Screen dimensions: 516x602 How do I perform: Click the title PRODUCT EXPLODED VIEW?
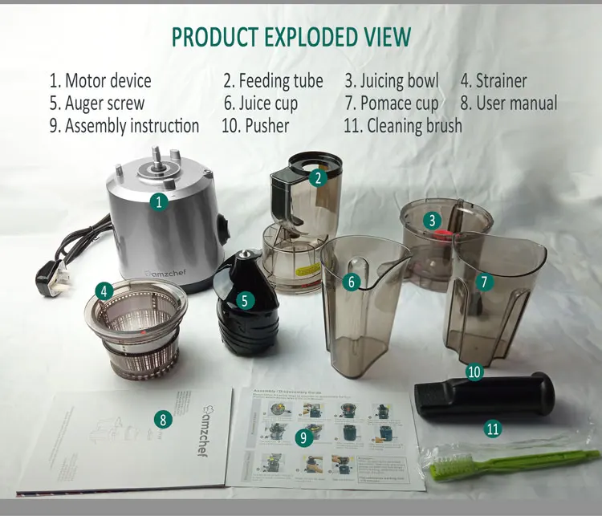(291, 36)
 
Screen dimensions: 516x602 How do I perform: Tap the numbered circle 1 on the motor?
(160, 201)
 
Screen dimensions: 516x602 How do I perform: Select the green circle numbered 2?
(319, 178)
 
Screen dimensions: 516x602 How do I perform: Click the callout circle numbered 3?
(432, 220)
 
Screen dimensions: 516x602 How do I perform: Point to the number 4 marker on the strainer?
(104, 291)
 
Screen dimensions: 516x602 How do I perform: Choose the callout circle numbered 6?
(351, 282)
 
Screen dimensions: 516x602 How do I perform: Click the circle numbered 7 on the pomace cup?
(484, 281)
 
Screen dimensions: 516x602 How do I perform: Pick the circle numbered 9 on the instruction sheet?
(303, 437)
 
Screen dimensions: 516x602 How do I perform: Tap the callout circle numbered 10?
(474, 372)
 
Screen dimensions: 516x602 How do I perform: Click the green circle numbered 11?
(493, 429)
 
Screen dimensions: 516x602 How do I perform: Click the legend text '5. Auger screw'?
(96, 104)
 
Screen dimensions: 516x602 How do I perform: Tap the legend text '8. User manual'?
(508, 104)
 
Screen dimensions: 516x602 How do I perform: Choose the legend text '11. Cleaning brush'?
(402, 126)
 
